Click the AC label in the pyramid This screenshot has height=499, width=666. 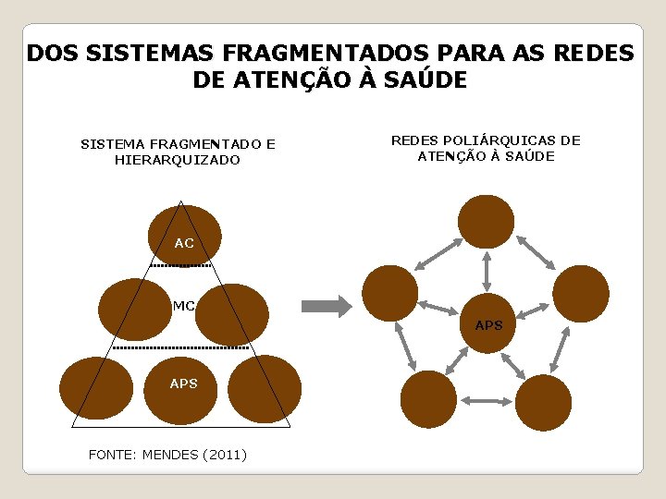coord(184,243)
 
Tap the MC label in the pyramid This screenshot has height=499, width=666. coord(183,305)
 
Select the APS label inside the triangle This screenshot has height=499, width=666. coord(183,383)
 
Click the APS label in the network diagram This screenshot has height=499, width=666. coord(488,325)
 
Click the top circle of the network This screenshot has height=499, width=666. coord(487,222)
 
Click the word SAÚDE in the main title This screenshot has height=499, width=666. coord(421,80)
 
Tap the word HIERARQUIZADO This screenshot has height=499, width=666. coord(178,160)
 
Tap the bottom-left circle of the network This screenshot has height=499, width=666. coord(428,399)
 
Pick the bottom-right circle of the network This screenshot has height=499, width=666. coord(544,401)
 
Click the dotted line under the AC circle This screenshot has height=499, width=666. coord(181,266)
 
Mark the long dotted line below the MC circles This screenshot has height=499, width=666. coord(181,348)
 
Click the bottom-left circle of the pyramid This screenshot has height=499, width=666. coord(96,389)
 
